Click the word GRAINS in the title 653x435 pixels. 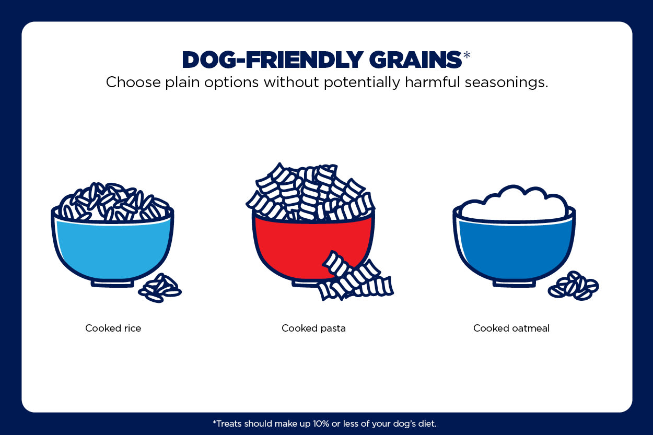tap(415, 60)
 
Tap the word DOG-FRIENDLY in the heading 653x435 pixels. tap(273, 60)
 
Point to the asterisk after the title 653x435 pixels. tap(467, 55)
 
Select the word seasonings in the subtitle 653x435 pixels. tap(506, 83)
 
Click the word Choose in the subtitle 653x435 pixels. tap(133, 82)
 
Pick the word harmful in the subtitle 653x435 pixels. tap(433, 82)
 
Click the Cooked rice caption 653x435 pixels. tap(113, 328)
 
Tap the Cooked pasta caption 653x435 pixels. tap(313, 328)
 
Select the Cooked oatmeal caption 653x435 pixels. tap(511, 328)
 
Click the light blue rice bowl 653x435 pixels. tap(112, 248)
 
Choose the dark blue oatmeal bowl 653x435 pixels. tap(514, 248)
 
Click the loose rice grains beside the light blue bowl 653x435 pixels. tap(160, 288)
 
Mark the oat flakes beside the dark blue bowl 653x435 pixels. tap(573, 286)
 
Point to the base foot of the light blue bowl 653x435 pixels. tap(112, 283)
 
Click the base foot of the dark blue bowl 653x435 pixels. tap(514, 283)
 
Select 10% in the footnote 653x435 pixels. tap(321, 424)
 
